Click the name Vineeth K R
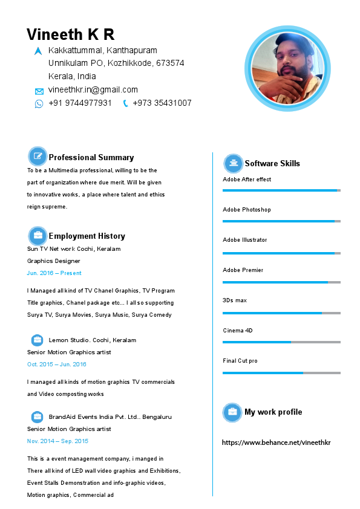click(x=70, y=34)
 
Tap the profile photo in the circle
click(x=287, y=68)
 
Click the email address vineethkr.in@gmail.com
click(x=93, y=90)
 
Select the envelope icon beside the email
click(x=39, y=91)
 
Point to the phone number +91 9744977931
click(x=80, y=103)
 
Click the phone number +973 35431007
click(x=162, y=103)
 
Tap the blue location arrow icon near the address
click(x=39, y=51)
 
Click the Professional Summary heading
click(x=91, y=157)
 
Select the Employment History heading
click(x=87, y=236)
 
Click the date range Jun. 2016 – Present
click(x=54, y=273)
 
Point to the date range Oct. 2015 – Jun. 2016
click(x=56, y=365)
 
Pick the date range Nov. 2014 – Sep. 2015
click(x=57, y=441)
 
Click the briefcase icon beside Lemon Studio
click(x=38, y=340)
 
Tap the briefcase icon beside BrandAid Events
click(x=38, y=417)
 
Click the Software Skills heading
click(x=272, y=163)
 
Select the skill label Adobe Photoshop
click(x=247, y=210)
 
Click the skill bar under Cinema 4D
click(x=281, y=342)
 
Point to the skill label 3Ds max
click(x=235, y=300)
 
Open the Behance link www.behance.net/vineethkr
click(x=277, y=443)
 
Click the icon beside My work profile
click(x=232, y=412)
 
